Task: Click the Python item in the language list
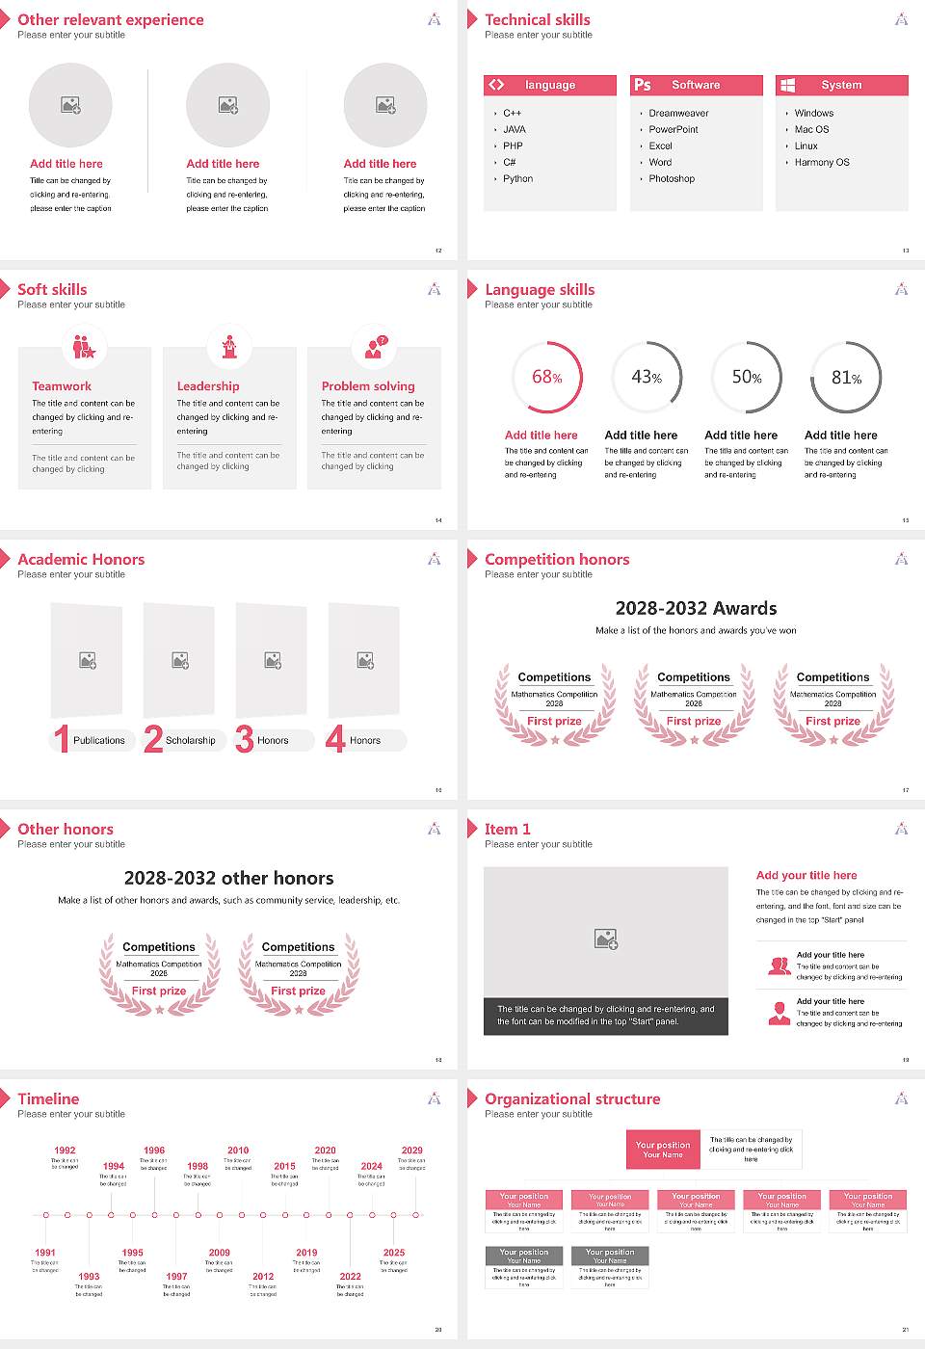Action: [x=517, y=179]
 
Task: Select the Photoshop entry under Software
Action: [x=671, y=179]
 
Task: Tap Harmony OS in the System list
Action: [x=822, y=163]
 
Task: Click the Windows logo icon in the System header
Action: [x=787, y=85]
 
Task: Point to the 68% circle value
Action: [x=546, y=378]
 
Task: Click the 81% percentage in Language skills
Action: [x=846, y=378]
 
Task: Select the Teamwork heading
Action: [x=62, y=386]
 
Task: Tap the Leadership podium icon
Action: [x=229, y=347]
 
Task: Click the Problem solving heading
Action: [x=368, y=386]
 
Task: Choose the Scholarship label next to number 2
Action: [x=190, y=741]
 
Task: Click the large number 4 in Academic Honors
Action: [x=335, y=739]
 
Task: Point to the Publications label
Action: [x=98, y=741]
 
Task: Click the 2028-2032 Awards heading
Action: [x=696, y=609]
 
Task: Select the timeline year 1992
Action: [x=65, y=1151]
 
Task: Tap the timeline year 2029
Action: [x=411, y=1151]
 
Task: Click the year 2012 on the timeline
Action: [x=263, y=1277]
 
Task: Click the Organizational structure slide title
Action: [x=572, y=1099]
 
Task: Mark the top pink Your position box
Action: [x=663, y=1150]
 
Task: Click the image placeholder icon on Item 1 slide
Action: [x=606, y=939]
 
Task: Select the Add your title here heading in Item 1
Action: [x=806, y=876]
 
